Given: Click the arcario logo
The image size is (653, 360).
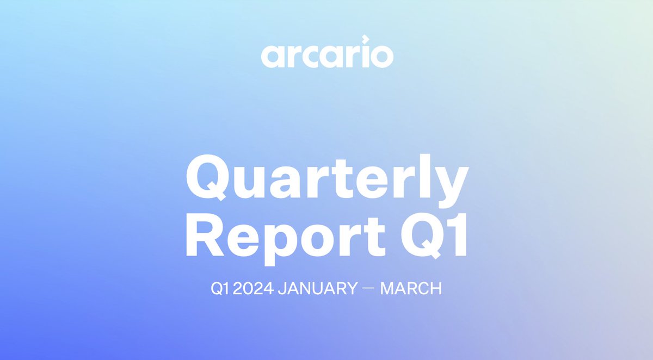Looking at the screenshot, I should point(326,55).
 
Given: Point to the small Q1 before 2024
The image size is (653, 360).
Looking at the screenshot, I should point(219,289).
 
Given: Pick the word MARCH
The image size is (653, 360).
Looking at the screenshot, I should point(411,289).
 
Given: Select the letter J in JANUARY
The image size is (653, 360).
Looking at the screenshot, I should point(282,289).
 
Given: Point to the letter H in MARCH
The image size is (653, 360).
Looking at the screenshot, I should point(435,289).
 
